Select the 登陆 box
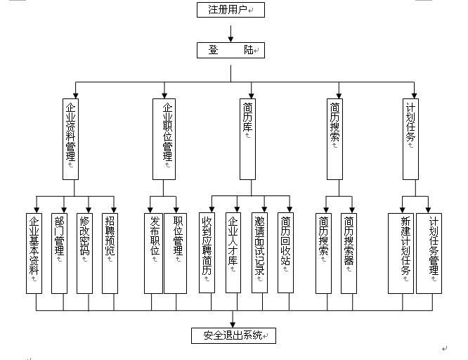point(230,50)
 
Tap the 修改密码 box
point(85,252)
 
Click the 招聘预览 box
point(111,252)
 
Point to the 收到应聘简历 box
point(207,252)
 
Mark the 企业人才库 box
point(233,252)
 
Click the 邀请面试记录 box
point(259,252)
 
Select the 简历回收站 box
point(285,252)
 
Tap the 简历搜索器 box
point(349,252)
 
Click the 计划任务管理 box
point(429,252)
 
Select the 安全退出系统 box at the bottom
point(233,335)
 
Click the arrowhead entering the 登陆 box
point(230,39)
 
